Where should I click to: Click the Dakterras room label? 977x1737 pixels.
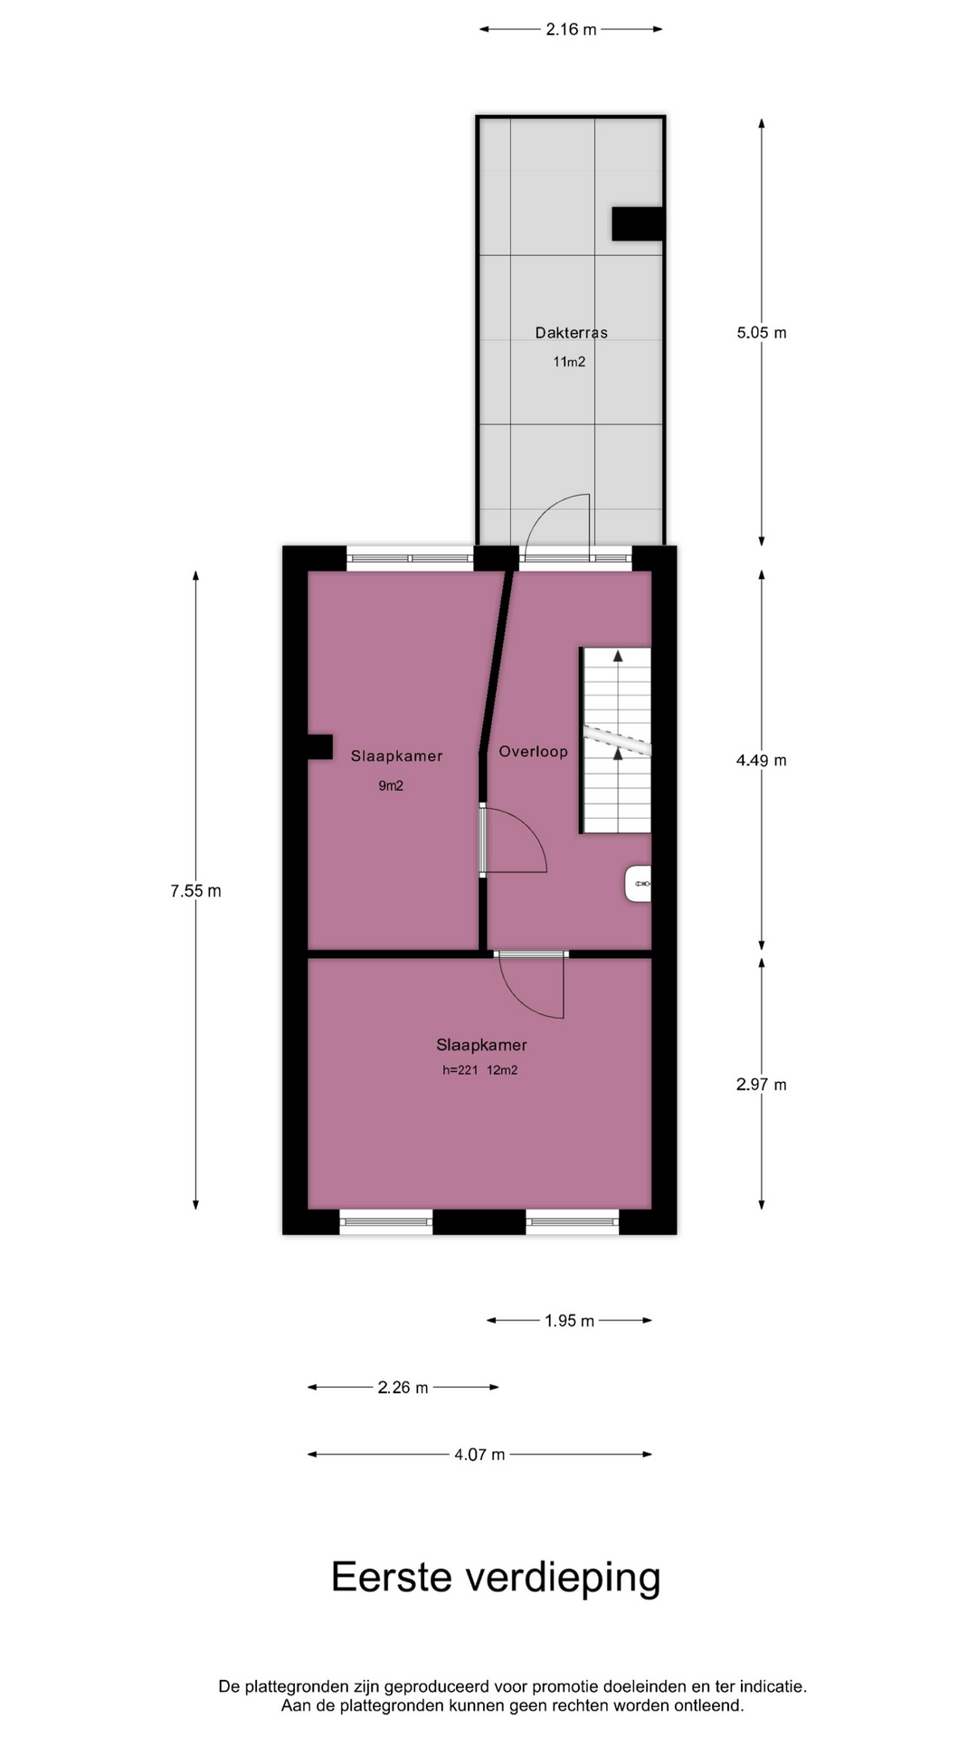click(x=571, y=333)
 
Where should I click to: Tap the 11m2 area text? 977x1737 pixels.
click(x=570, y=362)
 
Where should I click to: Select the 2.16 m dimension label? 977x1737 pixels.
click(x=571, y=30)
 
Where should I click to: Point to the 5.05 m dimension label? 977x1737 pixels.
click(x=762, y=333)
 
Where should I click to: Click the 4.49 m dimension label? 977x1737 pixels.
click(x=762, y=761)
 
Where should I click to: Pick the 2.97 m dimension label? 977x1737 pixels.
click(x=762, y=1085)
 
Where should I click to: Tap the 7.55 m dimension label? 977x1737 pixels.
click(x=196, y=891)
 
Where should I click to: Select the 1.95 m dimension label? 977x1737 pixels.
click(x=570, y=1321)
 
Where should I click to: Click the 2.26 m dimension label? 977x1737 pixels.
click(x=403, y=1388)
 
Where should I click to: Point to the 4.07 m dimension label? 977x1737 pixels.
click(x=479, y=1455)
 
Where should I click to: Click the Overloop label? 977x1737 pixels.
click(x=534, y=752)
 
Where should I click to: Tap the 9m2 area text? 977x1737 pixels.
click(x=391, y=786)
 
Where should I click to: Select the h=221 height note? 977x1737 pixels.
click(x=460, y=1070)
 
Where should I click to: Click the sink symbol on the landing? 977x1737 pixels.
click(x=639, y=884)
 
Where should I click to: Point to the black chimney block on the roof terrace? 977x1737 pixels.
click(x=638, y=223)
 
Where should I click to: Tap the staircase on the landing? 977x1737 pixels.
click(x=615, y=740)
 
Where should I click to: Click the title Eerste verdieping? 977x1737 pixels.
click(x=496, y=1578)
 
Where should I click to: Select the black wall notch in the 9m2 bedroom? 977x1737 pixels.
click(x=320, y=746)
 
